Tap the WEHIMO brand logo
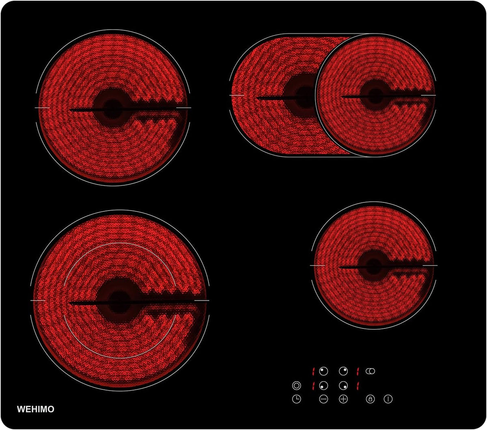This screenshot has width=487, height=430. click(36, 409)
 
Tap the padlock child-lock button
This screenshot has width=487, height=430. click(370, 399)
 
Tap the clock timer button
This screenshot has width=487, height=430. click(296, 399)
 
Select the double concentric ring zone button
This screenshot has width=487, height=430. click(296, 385)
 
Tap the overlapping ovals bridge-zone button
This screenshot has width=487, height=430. click(370, 371)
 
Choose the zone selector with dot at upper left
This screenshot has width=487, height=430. click(323, 371)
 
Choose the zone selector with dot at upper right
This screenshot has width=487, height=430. click(343, 371)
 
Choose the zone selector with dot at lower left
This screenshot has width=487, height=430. click(323, 385)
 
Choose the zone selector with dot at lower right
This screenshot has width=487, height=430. click(343, 385)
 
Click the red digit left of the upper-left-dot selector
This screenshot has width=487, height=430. click(314, 371)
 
